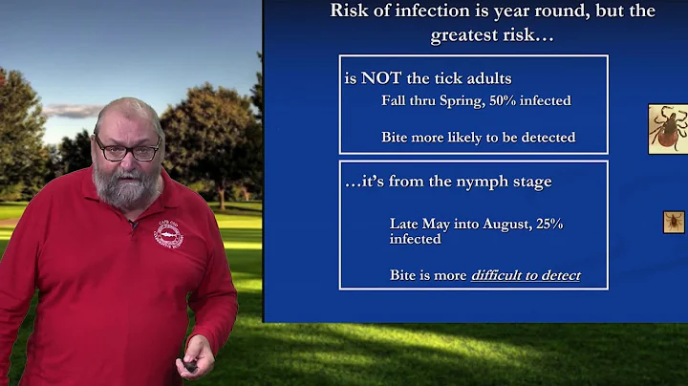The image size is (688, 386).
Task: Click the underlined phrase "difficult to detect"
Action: click(x=526, y=276)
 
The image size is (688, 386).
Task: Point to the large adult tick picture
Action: click(x=668, y=128)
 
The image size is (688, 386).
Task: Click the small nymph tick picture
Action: click(x=675, y=223)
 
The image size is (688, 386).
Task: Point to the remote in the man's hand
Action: click(x=192, y=364)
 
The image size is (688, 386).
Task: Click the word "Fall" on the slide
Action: click(x=395, y=101)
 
